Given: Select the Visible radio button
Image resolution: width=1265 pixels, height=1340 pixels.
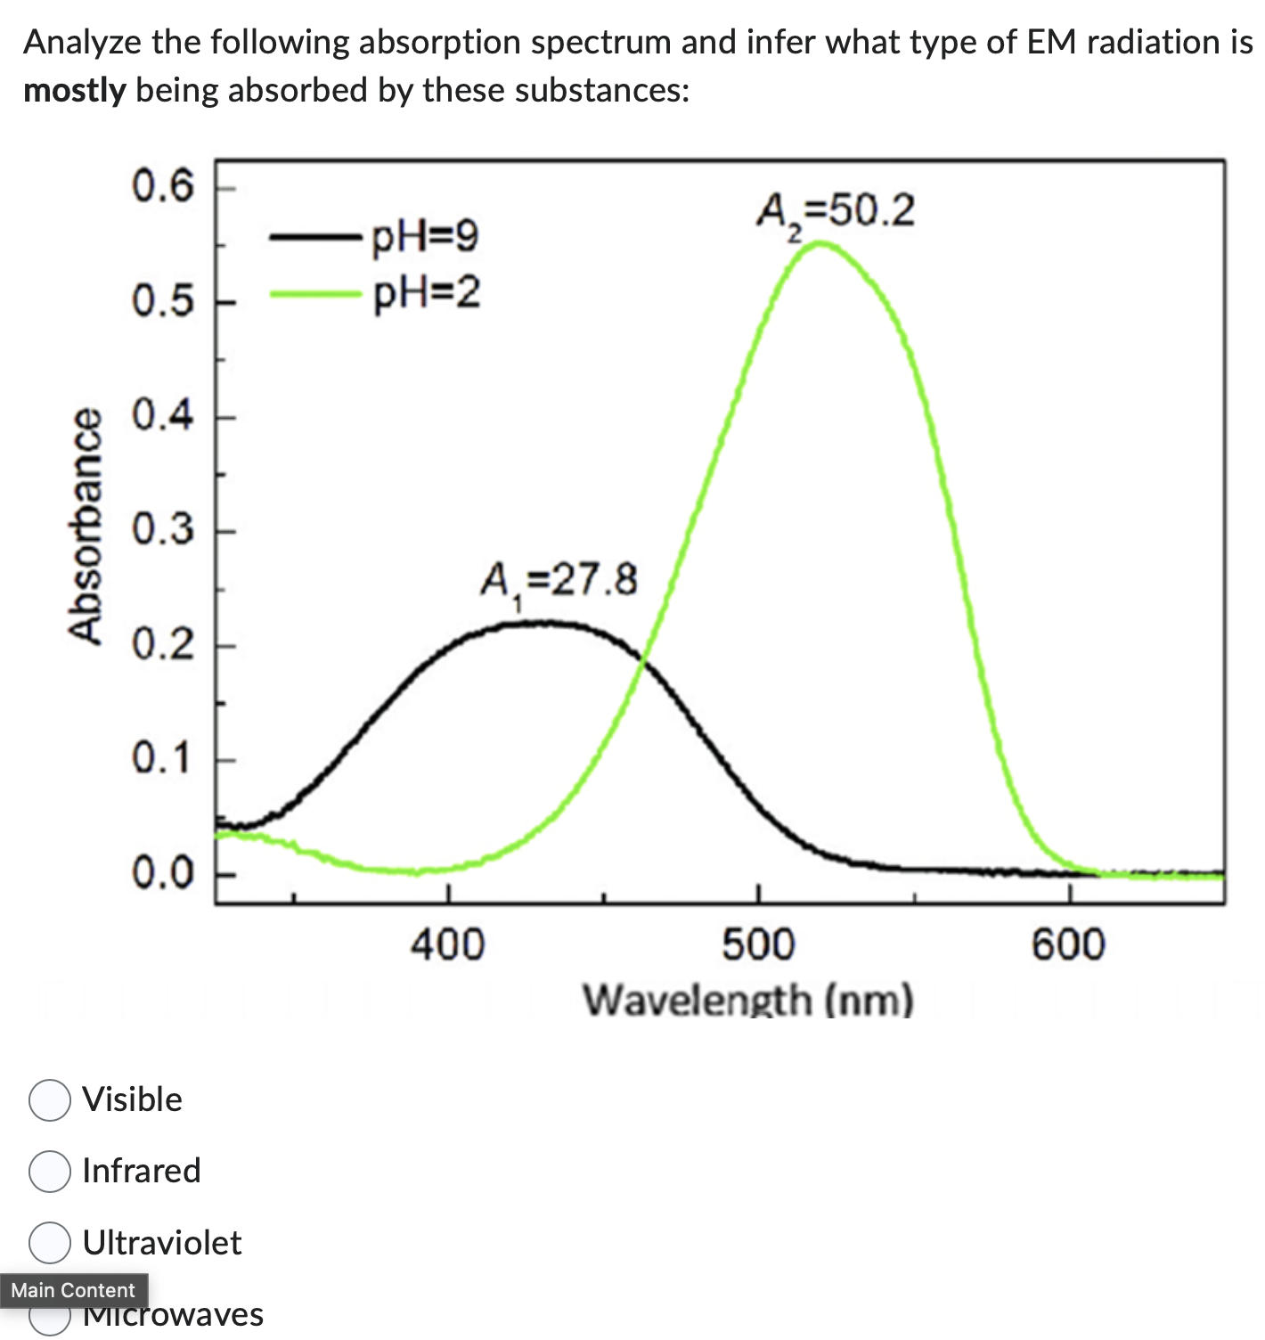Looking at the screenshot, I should tap(50, 1100).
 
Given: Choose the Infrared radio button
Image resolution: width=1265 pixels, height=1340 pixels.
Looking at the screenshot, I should tap(50, 1172).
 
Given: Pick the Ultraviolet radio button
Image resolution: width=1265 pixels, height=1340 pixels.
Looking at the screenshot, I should tap(50, 1243).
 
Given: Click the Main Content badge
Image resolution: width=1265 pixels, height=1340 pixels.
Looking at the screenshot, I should tap(73, 1290).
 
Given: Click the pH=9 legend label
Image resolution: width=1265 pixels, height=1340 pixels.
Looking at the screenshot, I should tap(425, 237).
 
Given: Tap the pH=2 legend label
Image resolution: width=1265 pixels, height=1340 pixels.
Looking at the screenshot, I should tap(426, 292).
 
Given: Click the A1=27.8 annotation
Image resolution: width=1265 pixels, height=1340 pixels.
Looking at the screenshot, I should tap(559, 582).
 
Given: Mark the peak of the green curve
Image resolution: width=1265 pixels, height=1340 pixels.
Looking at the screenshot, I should tap(820, 242).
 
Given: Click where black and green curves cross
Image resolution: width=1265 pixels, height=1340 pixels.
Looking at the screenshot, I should tap(642, 659).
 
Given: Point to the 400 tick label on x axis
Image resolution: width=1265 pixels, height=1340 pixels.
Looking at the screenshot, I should tap(447, 944).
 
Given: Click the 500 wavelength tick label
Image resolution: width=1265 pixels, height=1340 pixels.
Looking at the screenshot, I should tap(758, 944).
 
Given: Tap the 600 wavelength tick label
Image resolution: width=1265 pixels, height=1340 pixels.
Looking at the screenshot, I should tap(1068, 944).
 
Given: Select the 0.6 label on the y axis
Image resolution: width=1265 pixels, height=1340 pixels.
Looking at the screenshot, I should tap(163, 187).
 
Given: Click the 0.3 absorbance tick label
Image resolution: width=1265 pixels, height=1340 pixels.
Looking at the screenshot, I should tap(163, 530).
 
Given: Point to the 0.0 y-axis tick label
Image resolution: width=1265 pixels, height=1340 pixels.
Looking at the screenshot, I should tap(163, 873).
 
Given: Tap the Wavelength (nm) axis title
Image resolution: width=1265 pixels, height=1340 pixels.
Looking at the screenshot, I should tap(748, 1000).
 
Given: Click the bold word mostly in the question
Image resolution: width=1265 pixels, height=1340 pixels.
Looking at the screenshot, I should tap(75, 91).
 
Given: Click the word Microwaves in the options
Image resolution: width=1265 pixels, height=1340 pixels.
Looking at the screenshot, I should tap(174, 1315).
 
